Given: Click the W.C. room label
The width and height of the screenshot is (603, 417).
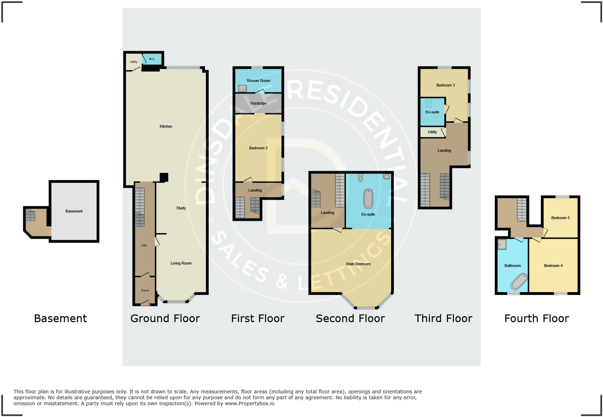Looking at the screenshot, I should pyautogui.click(x=152, y=59).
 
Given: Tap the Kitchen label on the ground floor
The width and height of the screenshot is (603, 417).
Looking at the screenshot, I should pyautogui.click(x=166, y=126).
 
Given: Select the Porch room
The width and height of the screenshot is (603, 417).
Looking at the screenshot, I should pyautogui.click(x=145, y=290).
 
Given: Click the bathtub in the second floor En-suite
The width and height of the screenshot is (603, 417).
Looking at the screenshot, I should pyautogui.click(x=368, y=199).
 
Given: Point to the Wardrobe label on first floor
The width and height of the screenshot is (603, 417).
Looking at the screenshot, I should pyautogui.click(x=258, y=104).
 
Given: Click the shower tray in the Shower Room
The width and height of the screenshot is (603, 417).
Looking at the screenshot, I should pyautogui.click(x=242, y=89).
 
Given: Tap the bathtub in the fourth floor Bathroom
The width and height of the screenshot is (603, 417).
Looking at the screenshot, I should pyautogui.click(x=519, y=282).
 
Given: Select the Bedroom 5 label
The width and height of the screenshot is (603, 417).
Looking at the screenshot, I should pyautogui.click(x=560, y=218).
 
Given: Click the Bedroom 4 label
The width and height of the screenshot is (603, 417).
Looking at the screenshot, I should pyautogui.click(x=553, y=266).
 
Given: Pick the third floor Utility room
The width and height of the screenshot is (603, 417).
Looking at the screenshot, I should pyautogui.click(x=432, y=132).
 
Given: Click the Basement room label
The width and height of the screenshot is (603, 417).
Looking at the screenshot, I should pyautogui.click(x=74, y=211).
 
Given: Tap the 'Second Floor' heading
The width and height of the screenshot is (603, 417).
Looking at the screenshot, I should pyautogui.click(x=350, y=318).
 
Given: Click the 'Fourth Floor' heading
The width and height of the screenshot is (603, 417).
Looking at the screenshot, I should pyautogui.click(x=537, y=318).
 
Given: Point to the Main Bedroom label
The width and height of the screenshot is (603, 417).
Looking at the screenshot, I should pyautogui.click(x=358, y=264).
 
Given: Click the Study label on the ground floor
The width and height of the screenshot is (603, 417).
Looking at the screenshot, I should pyautogui.click(x=181, y=208).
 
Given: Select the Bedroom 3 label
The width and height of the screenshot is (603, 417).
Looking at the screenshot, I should pyautogui.click(x=445, y=85).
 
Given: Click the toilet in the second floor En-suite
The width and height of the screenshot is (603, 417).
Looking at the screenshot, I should pyautogui.click(x=361, y=177).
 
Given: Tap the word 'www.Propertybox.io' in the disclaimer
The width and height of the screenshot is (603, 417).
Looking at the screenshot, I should pyautogui.click(x=250, y=403).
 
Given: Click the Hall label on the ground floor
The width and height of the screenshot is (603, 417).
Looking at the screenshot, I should pyautogui.click(x=144, y=245).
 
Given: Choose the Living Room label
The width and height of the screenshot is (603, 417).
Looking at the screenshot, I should pyautogui.click(x=181, y=263).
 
